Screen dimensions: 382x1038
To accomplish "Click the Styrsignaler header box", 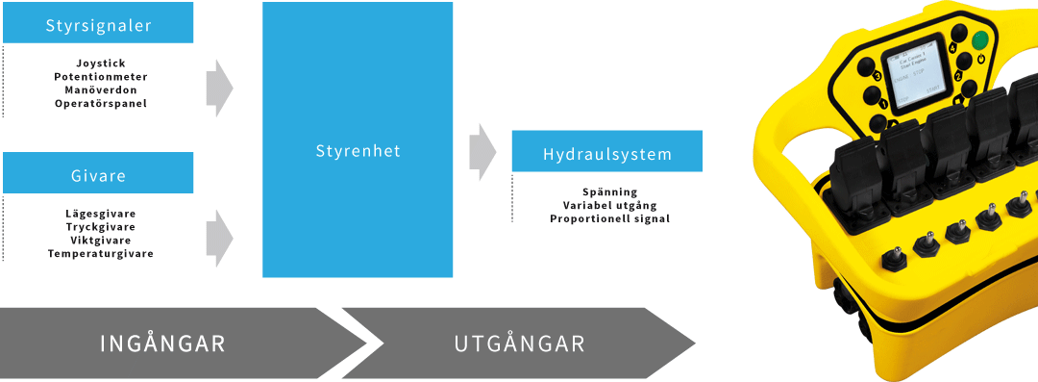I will (x=98, y=26).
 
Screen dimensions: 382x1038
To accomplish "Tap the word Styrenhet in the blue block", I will (x=358, y=151).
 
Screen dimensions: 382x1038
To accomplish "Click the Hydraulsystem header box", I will (x=606, y=153).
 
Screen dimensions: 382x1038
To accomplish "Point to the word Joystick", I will (x=100, y=63).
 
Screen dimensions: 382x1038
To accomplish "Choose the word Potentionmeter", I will (x=100, y=76).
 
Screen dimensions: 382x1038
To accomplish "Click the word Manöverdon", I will (x=100, y=89).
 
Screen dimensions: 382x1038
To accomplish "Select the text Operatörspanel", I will (x=100, y=103).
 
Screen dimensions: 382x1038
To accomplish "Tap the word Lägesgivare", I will (x=100, y=213).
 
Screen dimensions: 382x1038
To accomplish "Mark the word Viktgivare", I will (x=100, y=240).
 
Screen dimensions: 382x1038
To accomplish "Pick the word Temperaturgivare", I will (x=100, y=253).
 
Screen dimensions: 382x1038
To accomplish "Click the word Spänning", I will (x=609, y=191).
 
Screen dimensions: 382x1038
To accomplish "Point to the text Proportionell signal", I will (x=609, y=218).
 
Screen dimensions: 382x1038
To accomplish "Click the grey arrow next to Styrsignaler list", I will (x=219, y=88).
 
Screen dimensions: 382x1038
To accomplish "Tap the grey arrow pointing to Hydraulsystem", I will (x=482, y=151).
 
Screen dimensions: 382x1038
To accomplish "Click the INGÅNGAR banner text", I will (x=162, y=344).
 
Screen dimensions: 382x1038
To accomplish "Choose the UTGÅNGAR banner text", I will (x=519, y=344).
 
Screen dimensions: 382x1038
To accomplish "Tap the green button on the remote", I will (x=980, y=41).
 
